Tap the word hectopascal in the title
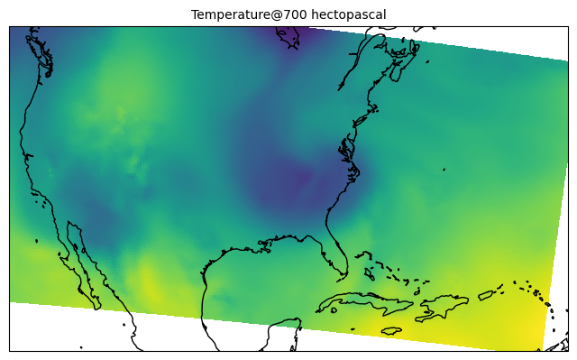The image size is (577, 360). point(348,14)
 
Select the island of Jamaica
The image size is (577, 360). point(391,330)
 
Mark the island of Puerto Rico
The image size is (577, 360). point(486,294)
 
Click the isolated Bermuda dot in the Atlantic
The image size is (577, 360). point(444,169)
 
